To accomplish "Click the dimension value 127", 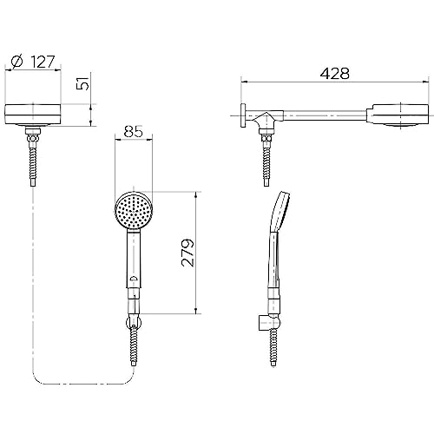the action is click(43, 62).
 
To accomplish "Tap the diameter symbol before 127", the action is click(17, 62).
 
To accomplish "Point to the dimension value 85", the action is click(134, 132).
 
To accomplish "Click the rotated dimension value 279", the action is click(188, 253).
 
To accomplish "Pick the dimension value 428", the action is click(335, 74).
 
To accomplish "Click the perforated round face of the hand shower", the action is click(134, 210).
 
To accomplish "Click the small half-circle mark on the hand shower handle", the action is click(134, 279).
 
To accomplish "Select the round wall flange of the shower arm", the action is click(243, 115).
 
